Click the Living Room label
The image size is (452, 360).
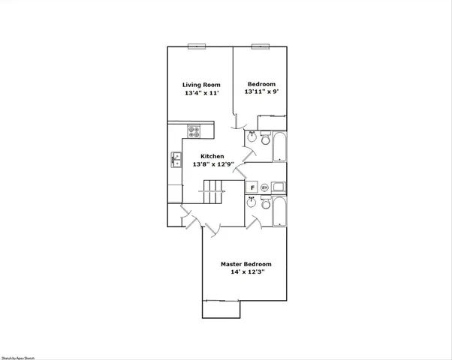[x=201, y=84]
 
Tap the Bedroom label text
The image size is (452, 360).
[x=260, y=84]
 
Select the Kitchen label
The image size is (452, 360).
[x=212, y=156]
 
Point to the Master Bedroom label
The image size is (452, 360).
[x=246, y=264]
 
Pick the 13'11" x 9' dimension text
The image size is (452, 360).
[x=260, y=92]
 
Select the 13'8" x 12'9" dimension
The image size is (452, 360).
[x=213, y=164]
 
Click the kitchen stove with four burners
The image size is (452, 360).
[x=194, y=131]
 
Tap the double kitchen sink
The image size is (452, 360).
[x=176, y=159]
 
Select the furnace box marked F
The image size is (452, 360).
[x=252, y=187]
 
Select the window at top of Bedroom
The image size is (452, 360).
[x=260, y=46]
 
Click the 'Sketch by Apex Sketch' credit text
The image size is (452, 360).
[x=18, y=358]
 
